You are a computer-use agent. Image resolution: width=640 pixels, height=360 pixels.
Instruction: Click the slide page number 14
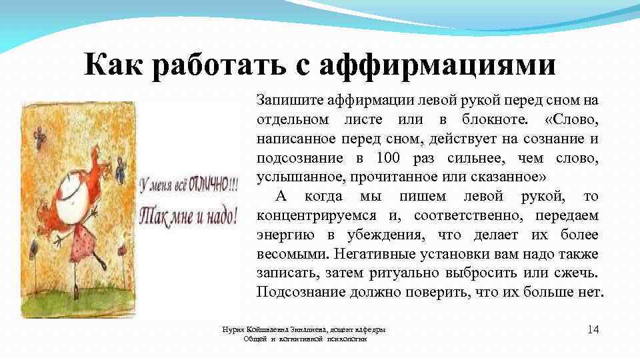594,329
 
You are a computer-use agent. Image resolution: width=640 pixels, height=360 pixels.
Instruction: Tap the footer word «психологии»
347,339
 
